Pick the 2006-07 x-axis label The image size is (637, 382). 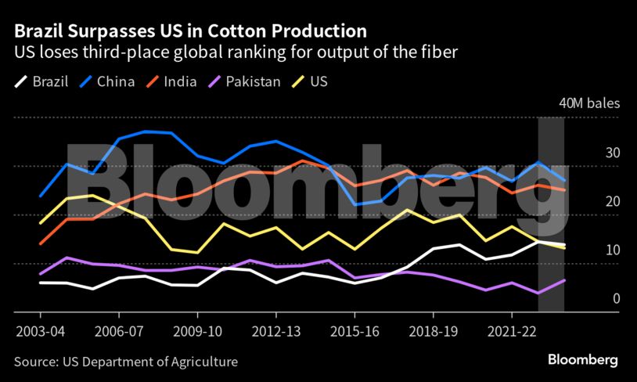(119, 331)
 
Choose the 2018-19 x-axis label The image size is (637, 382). (432, 331)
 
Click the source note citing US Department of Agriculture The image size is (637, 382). (125, 362)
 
